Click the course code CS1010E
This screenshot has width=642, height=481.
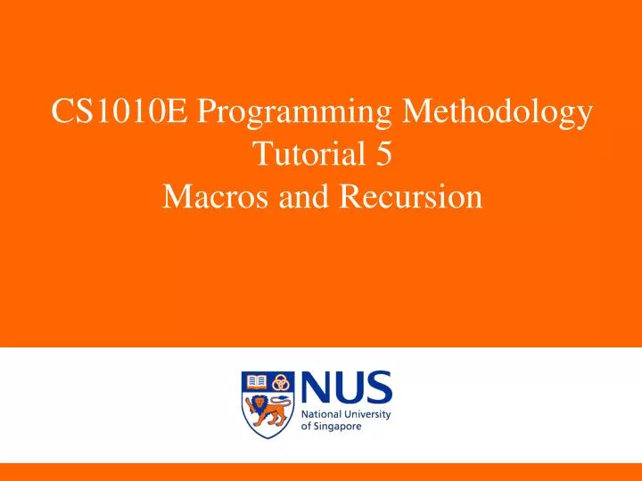119,113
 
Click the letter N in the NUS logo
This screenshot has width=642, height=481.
317,388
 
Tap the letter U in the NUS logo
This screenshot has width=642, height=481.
348,388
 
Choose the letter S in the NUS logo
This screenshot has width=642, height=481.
376,388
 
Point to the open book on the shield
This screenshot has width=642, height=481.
257,381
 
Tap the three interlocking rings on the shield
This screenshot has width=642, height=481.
281,381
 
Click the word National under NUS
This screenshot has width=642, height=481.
323,415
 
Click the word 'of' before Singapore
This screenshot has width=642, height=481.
307,427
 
